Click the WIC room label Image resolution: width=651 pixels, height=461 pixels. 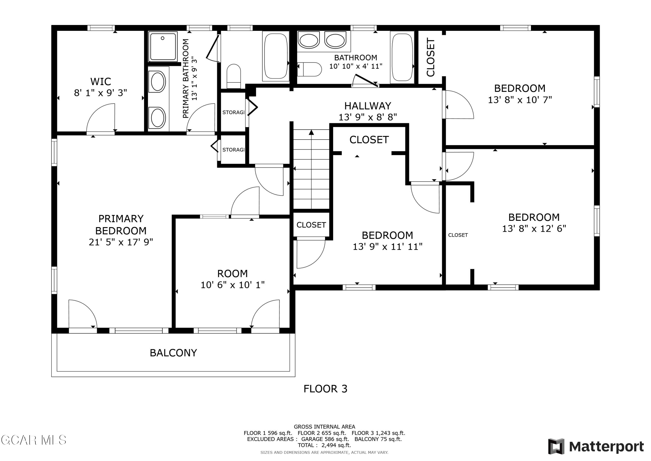point(100,82)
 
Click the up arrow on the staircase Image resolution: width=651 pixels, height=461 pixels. point(311,132)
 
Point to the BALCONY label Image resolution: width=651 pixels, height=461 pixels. point(173,353)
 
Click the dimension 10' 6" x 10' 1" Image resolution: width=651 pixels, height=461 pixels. point(232,285)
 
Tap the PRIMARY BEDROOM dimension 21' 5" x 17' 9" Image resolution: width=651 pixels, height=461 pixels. point(121,242)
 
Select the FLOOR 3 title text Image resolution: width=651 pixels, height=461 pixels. point(325,389)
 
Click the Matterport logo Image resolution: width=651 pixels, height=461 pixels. point(596,446)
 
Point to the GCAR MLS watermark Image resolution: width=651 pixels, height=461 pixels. point(33,440)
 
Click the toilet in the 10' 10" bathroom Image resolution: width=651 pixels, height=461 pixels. point(311,69)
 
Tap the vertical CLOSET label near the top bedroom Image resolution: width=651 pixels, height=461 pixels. point(430,57)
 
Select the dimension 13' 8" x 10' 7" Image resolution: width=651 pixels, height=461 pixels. point(520,100)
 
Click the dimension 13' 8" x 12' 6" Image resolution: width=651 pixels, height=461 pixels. point(534,229)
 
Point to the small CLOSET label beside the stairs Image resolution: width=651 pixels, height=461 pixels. point(311,225)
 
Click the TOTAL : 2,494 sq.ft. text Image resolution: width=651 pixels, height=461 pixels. point(324,445)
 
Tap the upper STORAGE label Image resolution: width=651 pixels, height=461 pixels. point(233,113)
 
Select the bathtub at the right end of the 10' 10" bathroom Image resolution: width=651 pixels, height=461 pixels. point(402,57)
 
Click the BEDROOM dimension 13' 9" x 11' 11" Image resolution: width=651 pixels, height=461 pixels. point(387,246)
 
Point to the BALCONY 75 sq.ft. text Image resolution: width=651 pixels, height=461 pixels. point(378,439)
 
